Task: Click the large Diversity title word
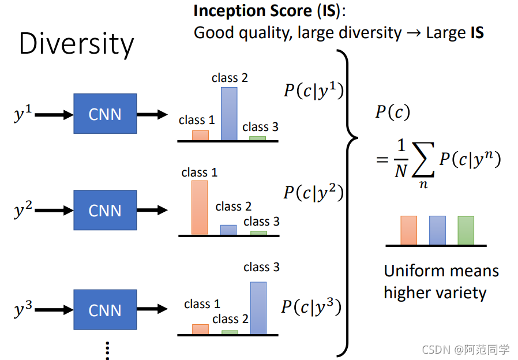click(76, 44)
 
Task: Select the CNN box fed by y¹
click(105, 114)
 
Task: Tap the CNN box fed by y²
click(105, 210)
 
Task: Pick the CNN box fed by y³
click(105, 310)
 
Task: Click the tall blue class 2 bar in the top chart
click(229, 114)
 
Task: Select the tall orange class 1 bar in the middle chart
click(200, 208)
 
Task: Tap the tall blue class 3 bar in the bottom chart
click(258, 308)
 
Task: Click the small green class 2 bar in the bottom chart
click(230, 332)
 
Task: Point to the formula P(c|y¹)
click(313, 91)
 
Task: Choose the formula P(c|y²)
click(313, 192)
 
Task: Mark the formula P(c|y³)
click(312, 307)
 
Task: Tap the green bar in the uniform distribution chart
click(466, 230)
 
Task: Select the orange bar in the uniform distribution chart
click(408, 230)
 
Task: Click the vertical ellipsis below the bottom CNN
click(107, 349)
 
